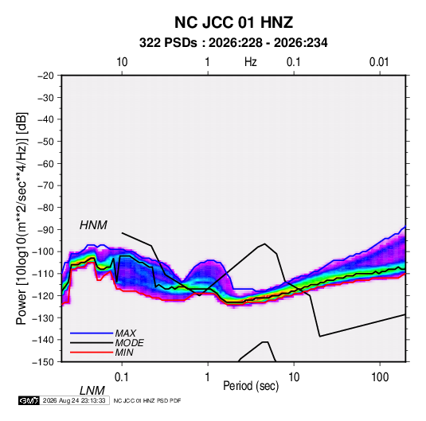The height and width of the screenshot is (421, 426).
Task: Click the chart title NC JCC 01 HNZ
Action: (x=233, y=22)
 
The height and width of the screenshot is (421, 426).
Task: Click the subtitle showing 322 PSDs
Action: (x=233, y=43)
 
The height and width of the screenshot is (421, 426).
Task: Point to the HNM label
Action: (x=93, y=225)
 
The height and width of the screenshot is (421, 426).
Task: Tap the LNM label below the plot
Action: (x=92, y=391)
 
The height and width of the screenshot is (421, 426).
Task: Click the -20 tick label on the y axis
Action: (x=45, y=76)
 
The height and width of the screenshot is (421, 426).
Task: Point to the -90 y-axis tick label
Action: (x=45, y=230)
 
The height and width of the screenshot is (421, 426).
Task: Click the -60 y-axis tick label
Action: (x=45, y=164)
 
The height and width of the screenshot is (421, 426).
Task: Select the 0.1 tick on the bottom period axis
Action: (x=122, y=377)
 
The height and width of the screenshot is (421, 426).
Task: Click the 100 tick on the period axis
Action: (x=380, y=377)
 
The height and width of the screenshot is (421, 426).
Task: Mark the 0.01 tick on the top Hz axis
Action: (x=379, y=62)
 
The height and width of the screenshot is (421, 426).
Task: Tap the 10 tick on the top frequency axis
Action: (x=122, y=62)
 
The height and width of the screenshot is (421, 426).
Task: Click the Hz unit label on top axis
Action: (x=251, y=62)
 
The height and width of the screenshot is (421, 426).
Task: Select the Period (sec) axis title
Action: (x=251, y=386)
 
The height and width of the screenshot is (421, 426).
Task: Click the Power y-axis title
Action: (x=21, y=219)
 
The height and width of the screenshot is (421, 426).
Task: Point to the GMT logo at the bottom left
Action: (x=29, y=400)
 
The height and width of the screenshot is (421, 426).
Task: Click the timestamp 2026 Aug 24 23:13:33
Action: (x=74, y=400)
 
